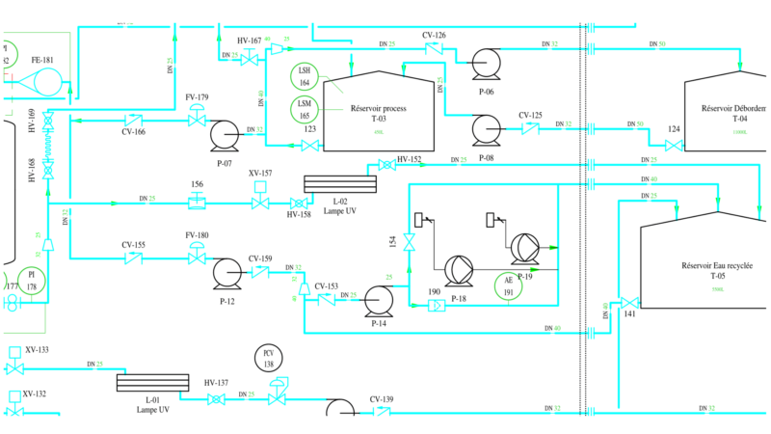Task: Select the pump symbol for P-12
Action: (x=227, y=274)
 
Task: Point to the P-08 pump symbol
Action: (x=485, y=127)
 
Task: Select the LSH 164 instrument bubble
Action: (x=305, y=76)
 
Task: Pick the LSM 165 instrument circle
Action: (x=305, y=109)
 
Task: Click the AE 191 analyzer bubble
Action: (x=508, y=286)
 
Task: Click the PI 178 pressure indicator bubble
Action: (x=32, y=281)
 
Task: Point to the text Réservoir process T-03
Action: (x=379, y=114)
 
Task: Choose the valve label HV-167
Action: (x=249, y=41)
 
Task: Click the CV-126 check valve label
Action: (x=434, y=36)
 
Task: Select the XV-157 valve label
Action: (x=260, y=174)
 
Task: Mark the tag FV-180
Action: (x=197, y=235)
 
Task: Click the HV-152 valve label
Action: (x=410, y=159)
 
